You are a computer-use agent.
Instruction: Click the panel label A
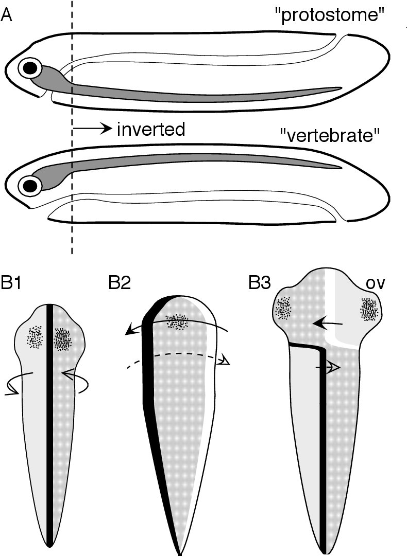(x=7, y=15)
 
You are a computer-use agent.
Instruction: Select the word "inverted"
(x=150, y=129)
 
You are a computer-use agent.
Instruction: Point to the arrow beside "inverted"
(x=93, y=129)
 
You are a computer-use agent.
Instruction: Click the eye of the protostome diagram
(x=31, y=67)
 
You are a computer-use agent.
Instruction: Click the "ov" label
(x=371, y=283)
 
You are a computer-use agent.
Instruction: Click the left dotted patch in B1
(x=36, y=337)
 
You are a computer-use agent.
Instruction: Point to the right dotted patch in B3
(x=369, y=309)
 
